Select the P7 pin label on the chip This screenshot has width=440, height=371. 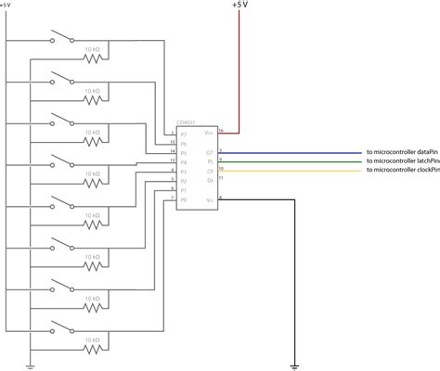click(184, 134)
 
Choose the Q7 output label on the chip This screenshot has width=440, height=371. click(210, 152)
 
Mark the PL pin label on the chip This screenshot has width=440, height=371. click(210, 162)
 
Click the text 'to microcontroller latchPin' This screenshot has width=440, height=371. click(402, 163)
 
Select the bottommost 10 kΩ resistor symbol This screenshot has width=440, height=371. click(93, 351)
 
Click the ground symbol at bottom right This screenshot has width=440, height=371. click(294, 365)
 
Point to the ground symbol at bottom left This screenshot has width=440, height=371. click(30, 365)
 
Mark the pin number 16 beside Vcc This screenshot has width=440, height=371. click(221, 131)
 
